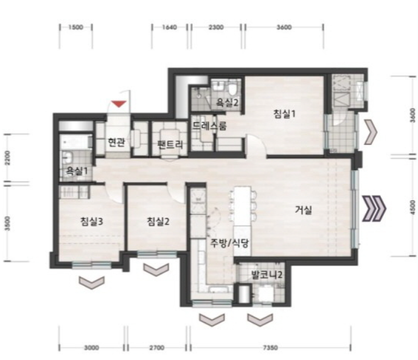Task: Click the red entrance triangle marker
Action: (x=119, y=104)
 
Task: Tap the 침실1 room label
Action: (x=284, y=114)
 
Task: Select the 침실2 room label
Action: (x=158, y=221)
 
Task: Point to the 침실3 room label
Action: (x=92, y=222)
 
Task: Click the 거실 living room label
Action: (x=304, y=211)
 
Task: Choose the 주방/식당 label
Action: (x=230, y=243)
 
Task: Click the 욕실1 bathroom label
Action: (x=77, y=171)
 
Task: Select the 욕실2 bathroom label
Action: (x=226, y=103)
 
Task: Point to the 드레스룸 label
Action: (x=209, y=125)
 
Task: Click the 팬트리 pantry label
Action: (x=170, y=144)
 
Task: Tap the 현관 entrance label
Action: (x=116, y=142)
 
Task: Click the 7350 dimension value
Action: (x=270, y=348)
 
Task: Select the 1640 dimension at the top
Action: (x=170, y=27)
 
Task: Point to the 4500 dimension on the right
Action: (x=413, y=207)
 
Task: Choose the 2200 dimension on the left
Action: (x=7, y=158)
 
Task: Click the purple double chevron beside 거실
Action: (x=374, y=209)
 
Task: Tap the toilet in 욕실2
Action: (x=232, y=88)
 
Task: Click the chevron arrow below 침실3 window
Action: (x=92, y=283)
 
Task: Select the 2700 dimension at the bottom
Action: (x=157, y=348)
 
